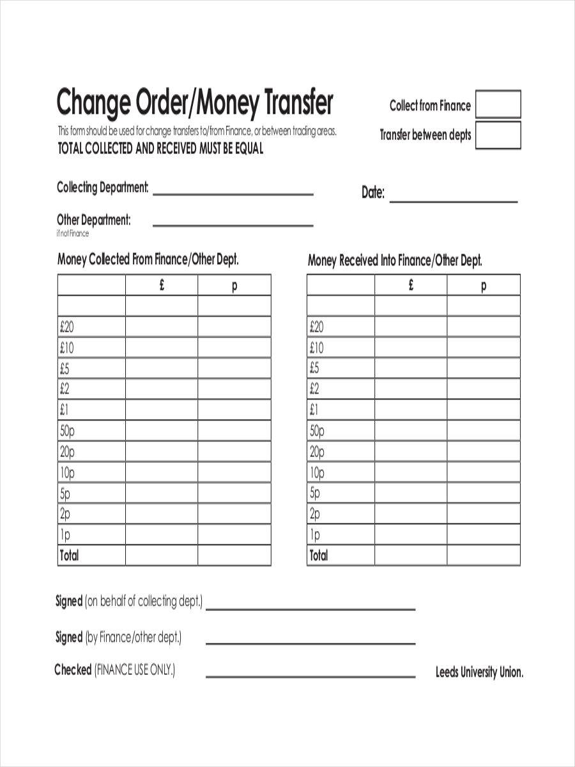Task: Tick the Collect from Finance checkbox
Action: point(498,104)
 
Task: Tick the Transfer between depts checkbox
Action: point(498,135)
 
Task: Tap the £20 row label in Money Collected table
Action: point(67,327)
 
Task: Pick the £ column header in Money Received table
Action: point(411,285)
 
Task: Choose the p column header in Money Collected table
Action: point(234,286)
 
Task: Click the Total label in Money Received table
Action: point(318,555)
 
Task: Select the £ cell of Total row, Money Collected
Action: point(162,555)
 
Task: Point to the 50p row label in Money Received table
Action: point(318,431)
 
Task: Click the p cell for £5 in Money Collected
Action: point(234,368)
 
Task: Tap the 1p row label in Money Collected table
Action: point(66,534)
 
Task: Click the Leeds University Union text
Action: point(479,672)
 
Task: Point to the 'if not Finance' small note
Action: point(73,233)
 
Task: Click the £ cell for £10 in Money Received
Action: point(411,348)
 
